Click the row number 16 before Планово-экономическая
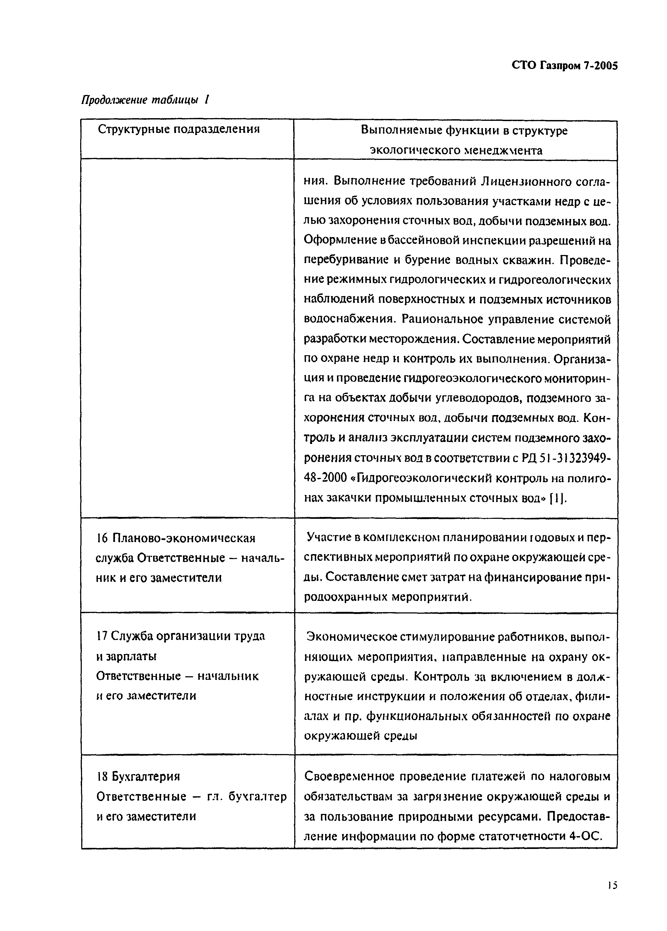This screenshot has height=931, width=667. tap(101, 538)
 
